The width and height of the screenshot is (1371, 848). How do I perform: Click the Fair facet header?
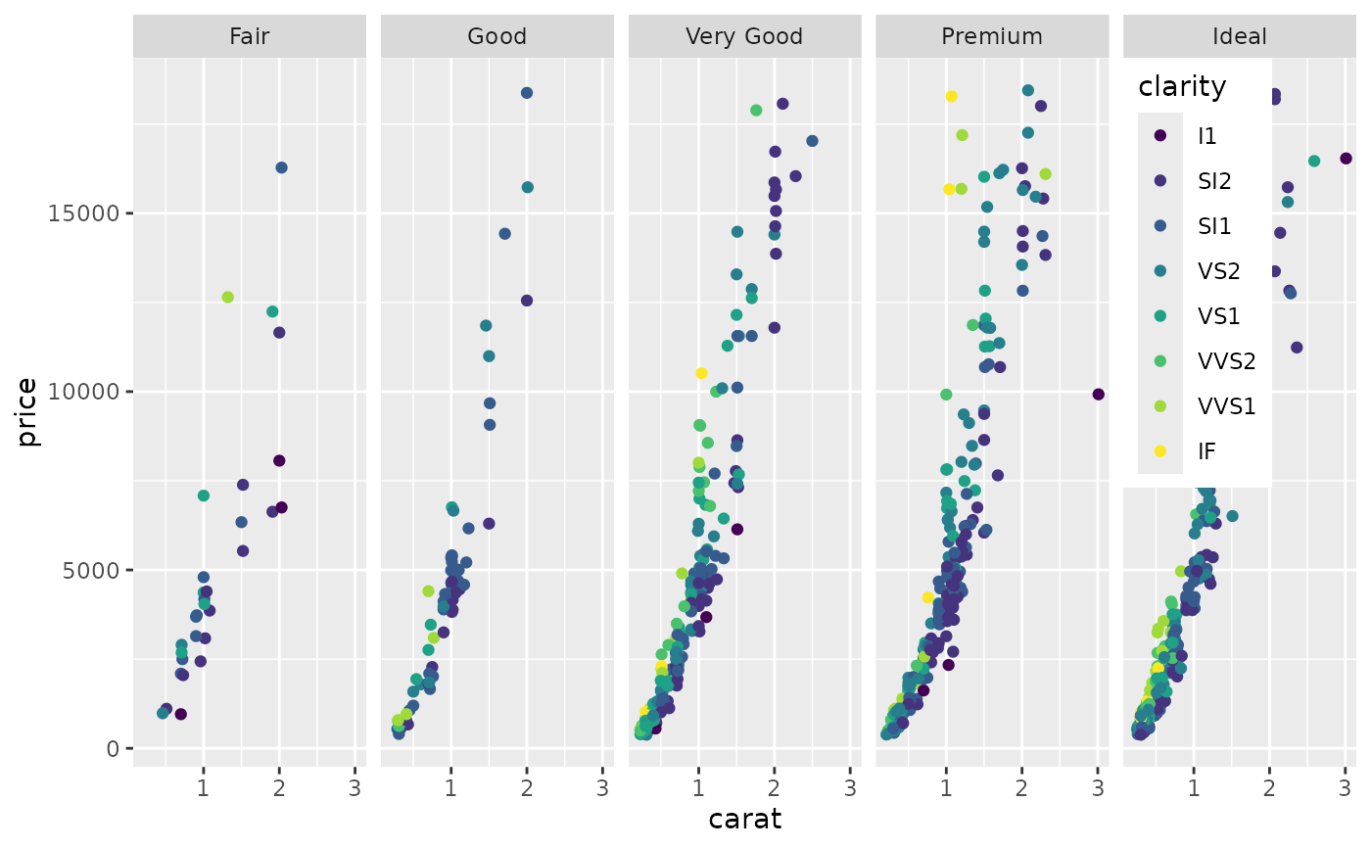pyautogui.click(x=249, y=37)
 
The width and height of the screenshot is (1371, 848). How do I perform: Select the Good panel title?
pyautogui.click(x=496, y=37)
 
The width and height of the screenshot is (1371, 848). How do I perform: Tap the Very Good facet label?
pyautogui.click(x=744, y=37)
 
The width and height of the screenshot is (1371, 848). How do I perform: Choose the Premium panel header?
pyautogui.click(x=992, y=37)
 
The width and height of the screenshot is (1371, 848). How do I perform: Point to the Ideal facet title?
pyautogui.click(x=1240, y=37)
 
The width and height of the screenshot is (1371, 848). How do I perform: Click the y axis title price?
pyautogui.click(x=28, y=412)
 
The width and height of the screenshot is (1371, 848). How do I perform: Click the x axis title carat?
pyautogui.click(x=744, y=819)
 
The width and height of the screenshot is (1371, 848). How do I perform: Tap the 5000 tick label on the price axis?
pyautogui.click(x=91, y=570)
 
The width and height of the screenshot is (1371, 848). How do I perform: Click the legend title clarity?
pyautogui.click(x=1182, y=87)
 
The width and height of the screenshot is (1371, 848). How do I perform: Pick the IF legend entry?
pyautogui.click(x=1207, y=451)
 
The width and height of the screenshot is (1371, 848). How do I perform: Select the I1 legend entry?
pyautogui.click(x=1207, y=136)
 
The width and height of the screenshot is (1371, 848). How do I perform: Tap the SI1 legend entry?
pyautogui.click(x=1214, y=226)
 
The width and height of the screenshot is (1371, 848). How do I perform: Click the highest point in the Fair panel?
pyautogui.click(x=281, y=167)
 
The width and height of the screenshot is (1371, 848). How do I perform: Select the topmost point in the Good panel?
pyautogui.click(x=527, y=93)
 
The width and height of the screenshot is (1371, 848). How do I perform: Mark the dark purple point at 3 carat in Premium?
pyautogui.click(x=1098, y=395)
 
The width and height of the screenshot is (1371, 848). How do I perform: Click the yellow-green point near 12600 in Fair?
pyautogui.click(x=228, y=297)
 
